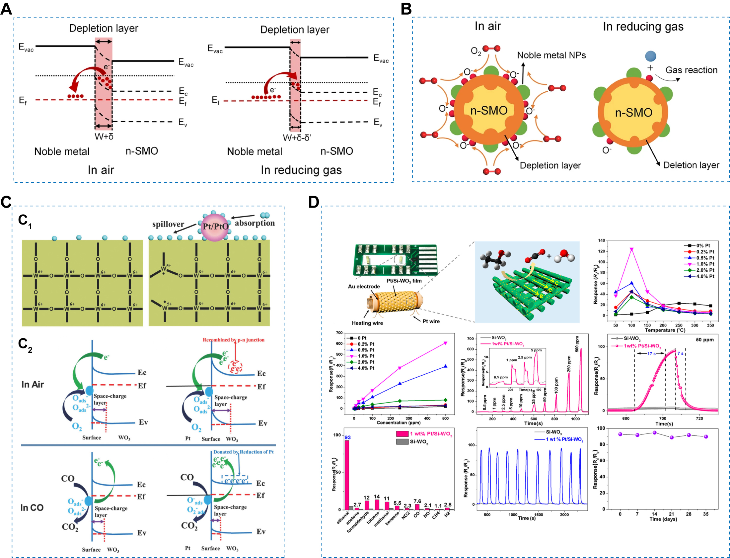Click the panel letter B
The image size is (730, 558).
tap(406, 9)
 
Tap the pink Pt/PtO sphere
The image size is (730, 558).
tap(215, 227)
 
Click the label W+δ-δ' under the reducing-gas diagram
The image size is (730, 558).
tap(297, 138)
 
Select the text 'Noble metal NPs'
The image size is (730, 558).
tap(551, 55)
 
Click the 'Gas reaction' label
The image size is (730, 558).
tap(691, 70)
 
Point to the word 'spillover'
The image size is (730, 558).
tap(168, 224)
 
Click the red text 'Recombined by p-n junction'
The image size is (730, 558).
tap(234, 340)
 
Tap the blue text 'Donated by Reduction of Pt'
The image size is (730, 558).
tap(243, 452)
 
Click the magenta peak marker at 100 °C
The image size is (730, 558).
tap(631, 249)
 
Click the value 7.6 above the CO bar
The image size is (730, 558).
tap(417, 501)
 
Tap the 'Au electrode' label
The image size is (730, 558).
tap(364, 287)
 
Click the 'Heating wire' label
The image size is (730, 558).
tap(367, 323)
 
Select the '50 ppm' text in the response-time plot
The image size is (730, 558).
tap(704, 339)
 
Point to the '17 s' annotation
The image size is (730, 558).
tap(651, 353)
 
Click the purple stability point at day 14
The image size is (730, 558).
tap(654, 433)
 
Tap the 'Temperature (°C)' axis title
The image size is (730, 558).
tap(665, 330)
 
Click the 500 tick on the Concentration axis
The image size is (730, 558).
tap(445, 418)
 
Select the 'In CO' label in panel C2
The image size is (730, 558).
tap(32, 508)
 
